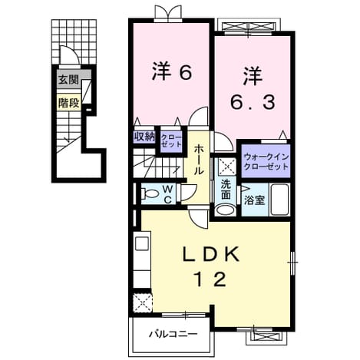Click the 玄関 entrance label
[68, 80]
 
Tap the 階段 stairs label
[68, 103]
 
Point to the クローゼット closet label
[171, 140]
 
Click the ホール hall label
[198, 160]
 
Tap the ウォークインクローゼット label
[266, 162]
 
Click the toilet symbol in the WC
[150, 193]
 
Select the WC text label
[167, 194]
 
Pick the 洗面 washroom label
[226, 190]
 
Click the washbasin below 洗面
[225, 210]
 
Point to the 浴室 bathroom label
[254, 200]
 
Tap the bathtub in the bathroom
[280, 200]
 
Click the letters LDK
[211, 254]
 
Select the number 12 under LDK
[210, 279]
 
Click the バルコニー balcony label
[173, 334]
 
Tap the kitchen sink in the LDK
[142, 243]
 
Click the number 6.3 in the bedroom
[253, 102]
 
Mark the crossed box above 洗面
[227, 167]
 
